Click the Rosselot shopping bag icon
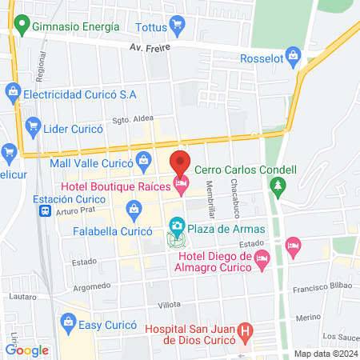pyautogui.click(x=294, y=55)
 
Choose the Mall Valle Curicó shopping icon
pyautogui.click(x=143, y=158)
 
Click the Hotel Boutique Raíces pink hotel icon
pyautogui.click(x=182, y=186)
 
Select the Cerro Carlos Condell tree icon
pyautogui.click(x=278, y=187)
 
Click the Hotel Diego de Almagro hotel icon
pyautogui.click(x=262, y=258)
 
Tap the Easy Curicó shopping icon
pyautogui.click(x=68, y=323)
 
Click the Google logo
pyautogui.click(x=27, y=350)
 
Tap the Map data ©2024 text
pyautogui.click(x=324, y=354)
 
